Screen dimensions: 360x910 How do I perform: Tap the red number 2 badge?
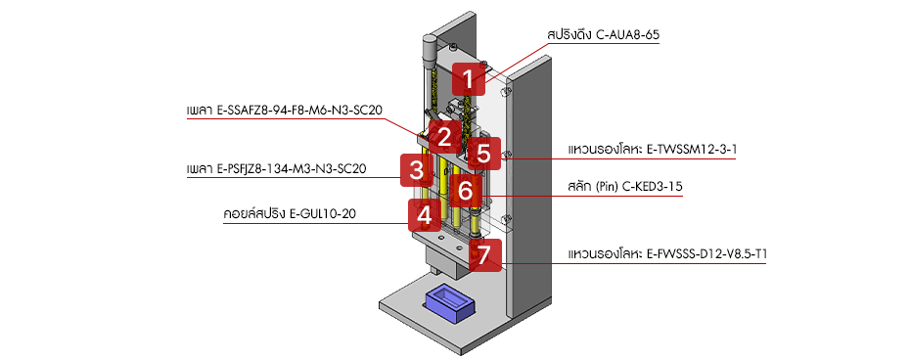click(443, 137)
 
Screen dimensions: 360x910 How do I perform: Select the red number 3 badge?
click(416, 170)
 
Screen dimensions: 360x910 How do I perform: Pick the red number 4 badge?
click(424, 214)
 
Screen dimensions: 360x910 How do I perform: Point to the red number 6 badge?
click(466, 190)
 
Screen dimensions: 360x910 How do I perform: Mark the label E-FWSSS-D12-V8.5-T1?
click(707, 254)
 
